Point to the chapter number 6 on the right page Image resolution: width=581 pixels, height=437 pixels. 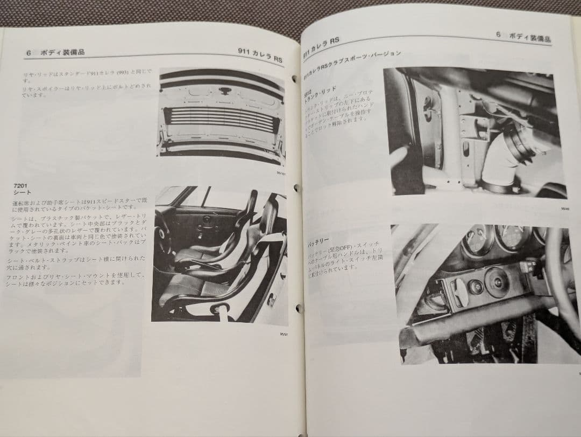tap(498, 34)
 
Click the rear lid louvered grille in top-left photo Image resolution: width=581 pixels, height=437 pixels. tap(221, 119)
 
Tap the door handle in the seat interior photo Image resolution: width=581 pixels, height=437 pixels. tap(207, 219)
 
